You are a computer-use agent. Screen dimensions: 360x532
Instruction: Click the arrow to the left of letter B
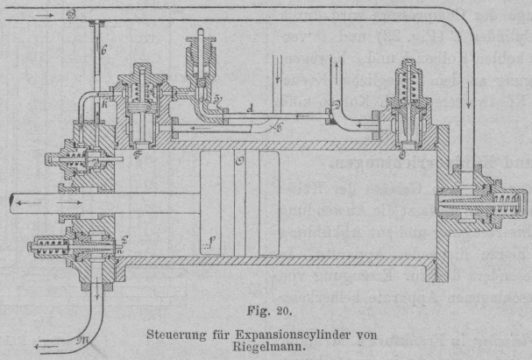point(47,14)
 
